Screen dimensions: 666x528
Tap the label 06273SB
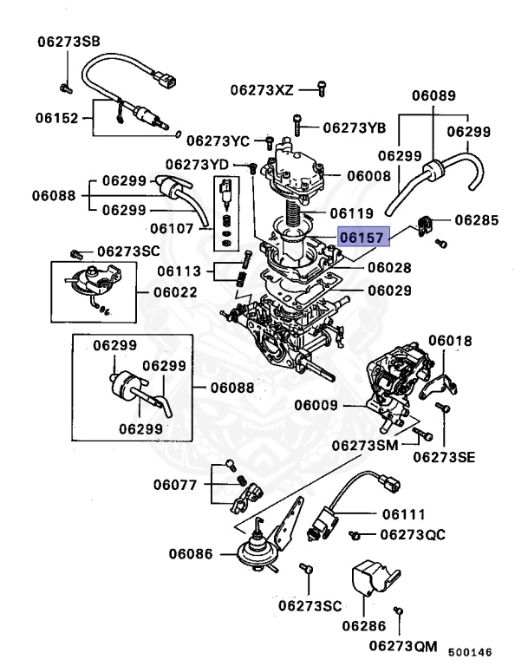pos(68,42)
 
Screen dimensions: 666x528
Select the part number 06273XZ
pos(262,88)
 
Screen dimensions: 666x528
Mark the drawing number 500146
pos(470,651)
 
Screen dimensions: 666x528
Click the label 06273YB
pos(355,127)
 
